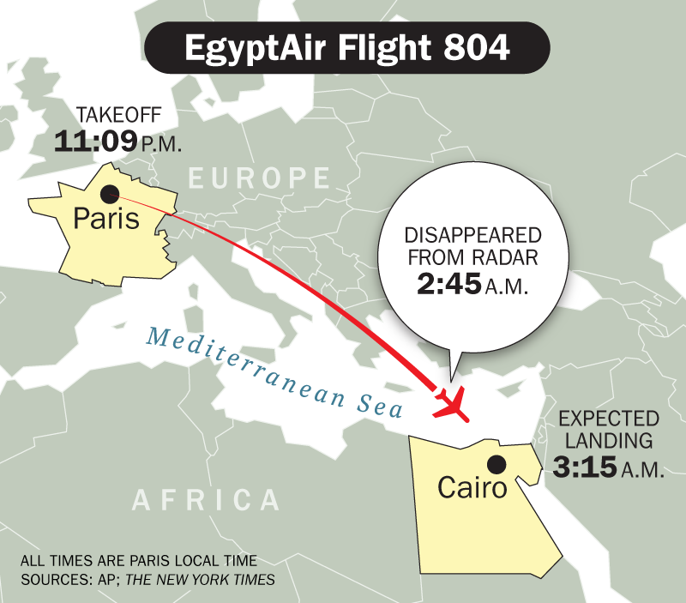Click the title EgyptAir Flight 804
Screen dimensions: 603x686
[347, 48]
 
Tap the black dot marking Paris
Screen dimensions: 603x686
[110, 194]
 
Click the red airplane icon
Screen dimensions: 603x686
[452, 404]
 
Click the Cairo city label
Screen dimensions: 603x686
[472, 488]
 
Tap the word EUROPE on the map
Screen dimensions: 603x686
[259, 178]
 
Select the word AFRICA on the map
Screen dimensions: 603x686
[207, 500]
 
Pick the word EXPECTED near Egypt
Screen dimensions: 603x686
[609, 419]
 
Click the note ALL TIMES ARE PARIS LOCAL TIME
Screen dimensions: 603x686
[138, 562]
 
